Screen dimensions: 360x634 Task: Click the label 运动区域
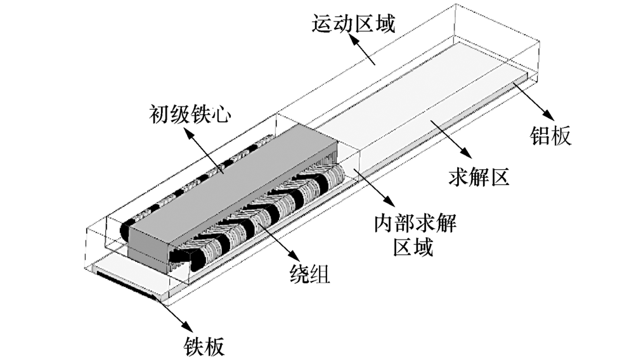coord(353,25)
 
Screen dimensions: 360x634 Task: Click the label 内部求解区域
coord(414,235)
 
